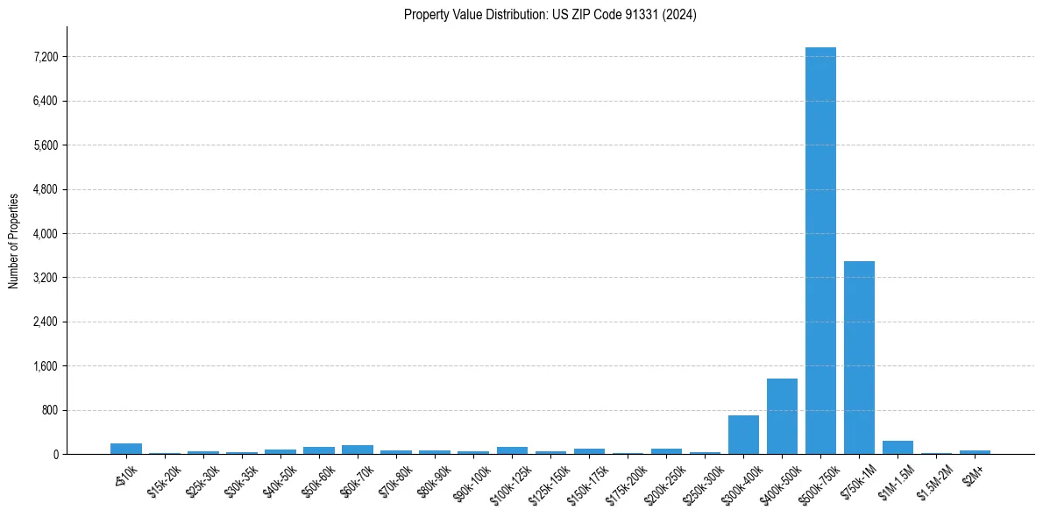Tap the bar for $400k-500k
point(782,416)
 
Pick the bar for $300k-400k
point(743,435)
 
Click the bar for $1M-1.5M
point(898,448)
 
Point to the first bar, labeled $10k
point(126,449)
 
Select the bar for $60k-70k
point(358,450)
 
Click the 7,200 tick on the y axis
point(44,57)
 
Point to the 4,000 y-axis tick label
point(44,234)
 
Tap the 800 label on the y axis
point(49,410)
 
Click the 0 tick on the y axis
point(54,455)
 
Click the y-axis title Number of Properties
point(13,240)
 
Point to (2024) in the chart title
point(680,15)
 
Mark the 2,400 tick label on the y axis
point(44,322)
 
